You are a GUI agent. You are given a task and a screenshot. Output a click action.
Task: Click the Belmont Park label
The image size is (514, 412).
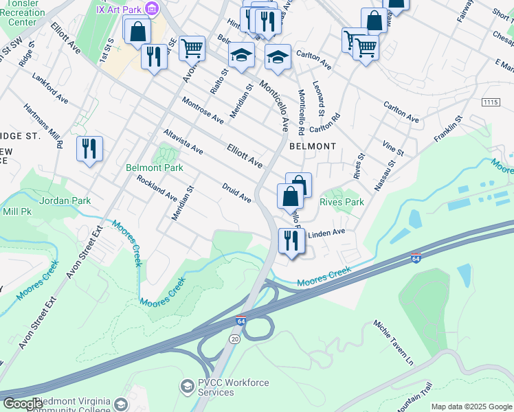155,168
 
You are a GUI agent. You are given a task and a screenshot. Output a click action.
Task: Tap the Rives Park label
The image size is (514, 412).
342,202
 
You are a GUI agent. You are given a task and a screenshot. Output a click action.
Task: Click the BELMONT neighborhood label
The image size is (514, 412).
313,146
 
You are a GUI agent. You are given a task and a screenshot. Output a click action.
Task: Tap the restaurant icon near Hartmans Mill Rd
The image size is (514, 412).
89,148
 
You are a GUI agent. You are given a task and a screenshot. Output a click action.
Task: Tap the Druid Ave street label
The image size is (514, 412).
236,192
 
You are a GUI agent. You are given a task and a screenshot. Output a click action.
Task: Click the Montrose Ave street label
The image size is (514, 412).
203,110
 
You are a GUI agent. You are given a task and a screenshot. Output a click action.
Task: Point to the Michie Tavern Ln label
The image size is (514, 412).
394,343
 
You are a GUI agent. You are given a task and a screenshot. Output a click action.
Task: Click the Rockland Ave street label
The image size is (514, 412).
157,187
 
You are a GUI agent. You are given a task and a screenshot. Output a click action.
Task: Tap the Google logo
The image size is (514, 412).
23,404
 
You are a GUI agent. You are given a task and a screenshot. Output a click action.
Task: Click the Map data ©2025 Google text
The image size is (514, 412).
471,407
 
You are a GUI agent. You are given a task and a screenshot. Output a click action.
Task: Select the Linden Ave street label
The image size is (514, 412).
326,233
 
